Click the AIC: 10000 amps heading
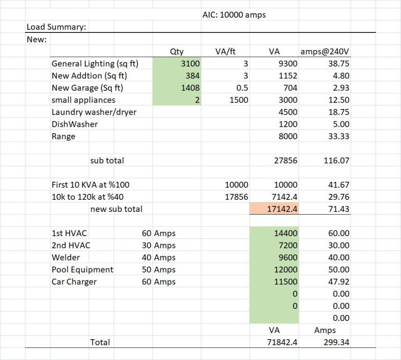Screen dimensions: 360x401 pos(234,15)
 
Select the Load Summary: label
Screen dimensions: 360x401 pos(56,27)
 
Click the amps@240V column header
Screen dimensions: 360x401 pos(325,51)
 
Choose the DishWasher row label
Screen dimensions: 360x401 pos(75,124)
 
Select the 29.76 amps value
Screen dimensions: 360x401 pos(339,197)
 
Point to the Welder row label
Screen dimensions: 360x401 pos(65,257)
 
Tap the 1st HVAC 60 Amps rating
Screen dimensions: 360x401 pos(159,233)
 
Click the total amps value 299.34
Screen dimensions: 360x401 pos(336,342)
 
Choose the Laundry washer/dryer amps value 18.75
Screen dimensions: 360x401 pos(339,112)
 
